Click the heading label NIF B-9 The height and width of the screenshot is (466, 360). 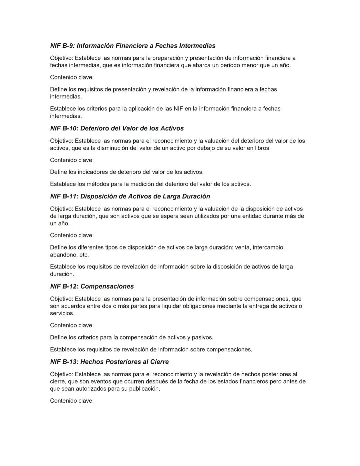(62, 46)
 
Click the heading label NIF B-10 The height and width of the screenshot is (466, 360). (64, 128)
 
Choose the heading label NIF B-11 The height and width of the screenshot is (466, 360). (64, 196)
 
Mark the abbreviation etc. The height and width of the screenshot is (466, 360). (84, 255)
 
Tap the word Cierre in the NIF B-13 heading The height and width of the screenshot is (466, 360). (158, 362)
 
